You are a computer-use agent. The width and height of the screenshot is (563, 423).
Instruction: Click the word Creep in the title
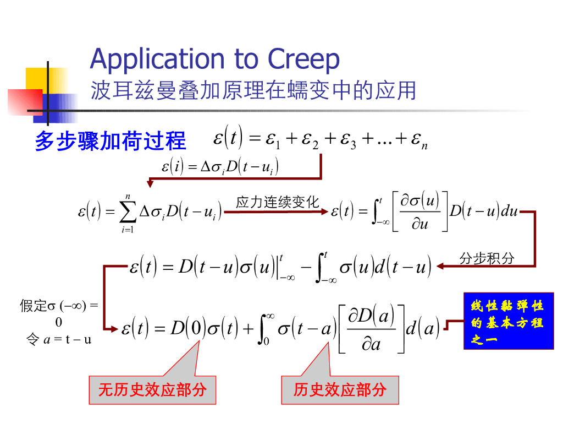pos(303,59)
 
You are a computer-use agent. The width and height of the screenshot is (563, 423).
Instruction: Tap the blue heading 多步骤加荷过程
pos(110,141)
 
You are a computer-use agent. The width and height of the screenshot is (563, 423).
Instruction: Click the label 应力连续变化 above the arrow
pos(277,202)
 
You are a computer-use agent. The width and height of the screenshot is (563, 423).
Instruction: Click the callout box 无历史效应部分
pos(152,390)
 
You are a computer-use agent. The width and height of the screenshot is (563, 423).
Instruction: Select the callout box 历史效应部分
pos(340,390)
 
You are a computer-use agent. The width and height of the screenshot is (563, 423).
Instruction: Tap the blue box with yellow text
pos(508,321)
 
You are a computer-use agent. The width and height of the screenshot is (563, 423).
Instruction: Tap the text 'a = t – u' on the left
pos(67,339)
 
